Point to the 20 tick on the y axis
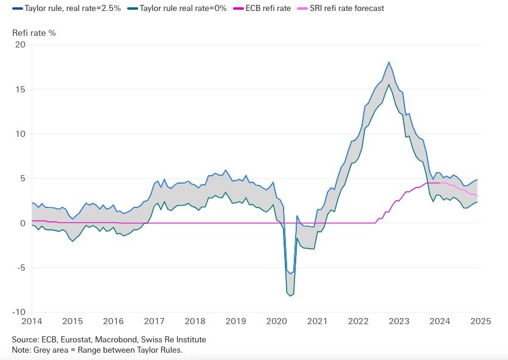[21, 45]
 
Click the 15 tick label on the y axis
[21, 89]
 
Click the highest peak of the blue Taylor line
[389, 62]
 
